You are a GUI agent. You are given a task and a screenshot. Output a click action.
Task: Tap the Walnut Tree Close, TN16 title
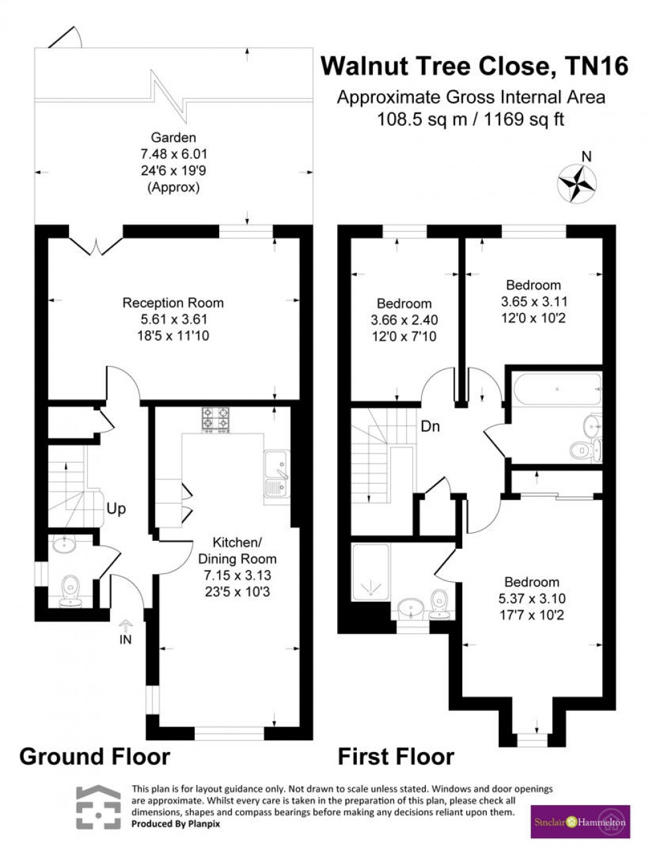click(474, 66)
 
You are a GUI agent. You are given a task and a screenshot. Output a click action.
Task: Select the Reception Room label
click(173, 303)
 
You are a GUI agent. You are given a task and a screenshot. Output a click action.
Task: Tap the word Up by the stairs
click(116, 509)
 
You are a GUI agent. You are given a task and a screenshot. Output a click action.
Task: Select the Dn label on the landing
click(430, 426)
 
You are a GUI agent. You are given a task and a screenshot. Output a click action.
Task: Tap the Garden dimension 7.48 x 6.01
click(174, 154)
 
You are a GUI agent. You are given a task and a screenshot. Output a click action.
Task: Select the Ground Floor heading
click(95, 756)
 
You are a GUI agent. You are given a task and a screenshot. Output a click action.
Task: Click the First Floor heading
click(396, 756)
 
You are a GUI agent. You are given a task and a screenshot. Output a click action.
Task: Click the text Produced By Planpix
click(175, 824)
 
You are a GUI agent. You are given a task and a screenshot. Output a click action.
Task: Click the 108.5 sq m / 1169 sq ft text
click(470, 120)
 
